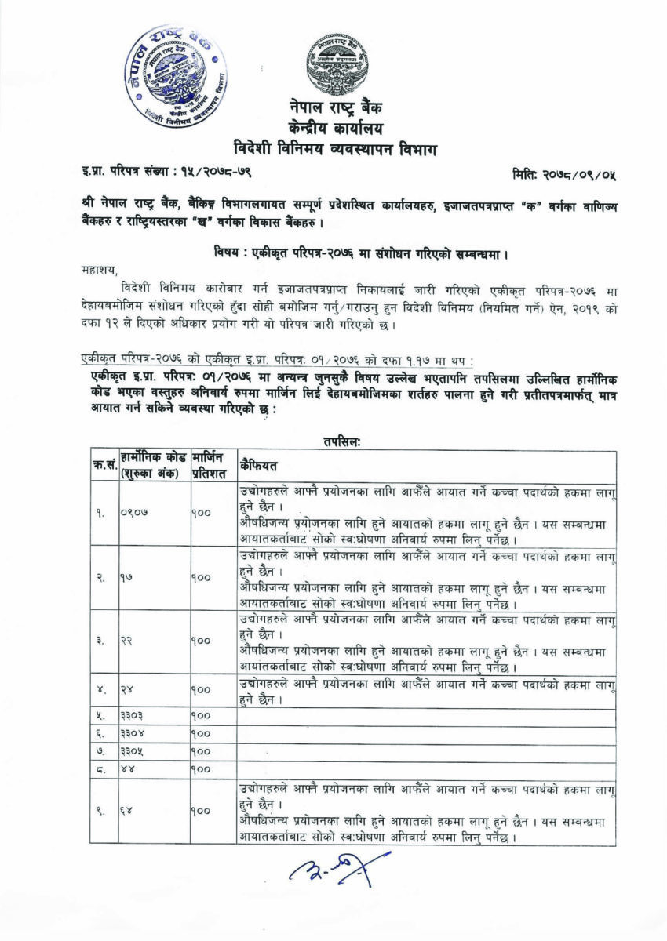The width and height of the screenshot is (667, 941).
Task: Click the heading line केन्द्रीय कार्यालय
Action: [x=334, y=127]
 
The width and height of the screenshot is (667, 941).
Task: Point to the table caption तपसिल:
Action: [x=341, y=442]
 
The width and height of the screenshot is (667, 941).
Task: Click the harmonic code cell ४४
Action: [x=129, y=769]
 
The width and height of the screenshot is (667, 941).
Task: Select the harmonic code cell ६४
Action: [x=129, y=812]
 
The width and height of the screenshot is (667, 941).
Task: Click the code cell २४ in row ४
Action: [x=129, y=689]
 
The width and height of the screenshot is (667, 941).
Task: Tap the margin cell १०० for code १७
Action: [x=202, y=576]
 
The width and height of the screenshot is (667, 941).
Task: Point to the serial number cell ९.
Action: [x=100, y=812]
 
